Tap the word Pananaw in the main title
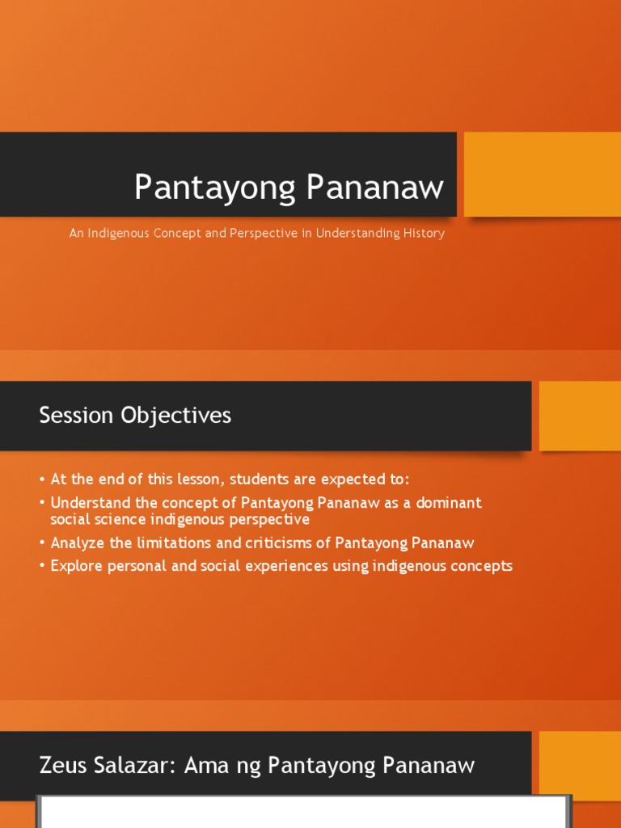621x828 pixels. [375, 188]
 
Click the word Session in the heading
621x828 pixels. [77, 416]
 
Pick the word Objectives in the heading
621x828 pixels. [176, 416]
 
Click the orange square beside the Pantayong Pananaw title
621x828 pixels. [542, 175]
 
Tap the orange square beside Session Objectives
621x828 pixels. [580, 416]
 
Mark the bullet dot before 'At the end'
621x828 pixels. [42, 479]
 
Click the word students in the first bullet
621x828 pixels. [254, 479]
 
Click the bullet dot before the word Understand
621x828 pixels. [42, 503]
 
